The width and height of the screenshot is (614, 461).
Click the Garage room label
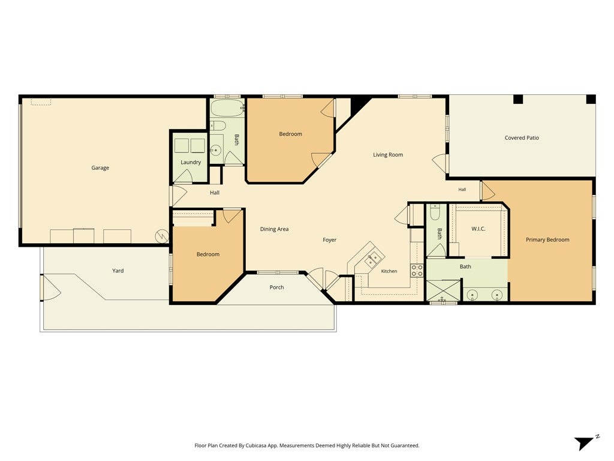(x=100, y=168)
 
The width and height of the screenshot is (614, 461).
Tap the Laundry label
(x=191, y=162)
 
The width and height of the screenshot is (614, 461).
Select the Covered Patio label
(x=522, y=138)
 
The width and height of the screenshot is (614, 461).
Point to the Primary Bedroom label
(x=547, y=240)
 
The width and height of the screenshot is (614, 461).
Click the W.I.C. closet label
(x=478, y=229)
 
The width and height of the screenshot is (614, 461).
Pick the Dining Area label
(x=274, y=229)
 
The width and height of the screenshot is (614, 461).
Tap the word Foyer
(x=329, y=240)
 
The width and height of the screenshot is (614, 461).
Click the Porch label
(x=276, y=288)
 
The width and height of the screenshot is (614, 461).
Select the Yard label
(x=118, y=271)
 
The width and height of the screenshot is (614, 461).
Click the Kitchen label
(x=389, y=271)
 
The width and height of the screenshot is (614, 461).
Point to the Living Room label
(x=388, y=155)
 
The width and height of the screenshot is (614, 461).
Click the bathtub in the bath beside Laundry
(x=227, y=108)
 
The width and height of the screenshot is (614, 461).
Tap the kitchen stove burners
(x=417, y=271)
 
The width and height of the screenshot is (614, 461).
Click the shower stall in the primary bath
(x=443, y=290)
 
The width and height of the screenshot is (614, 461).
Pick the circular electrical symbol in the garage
(x=162, y=236)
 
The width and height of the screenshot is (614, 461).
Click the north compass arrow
(x=586, y=442)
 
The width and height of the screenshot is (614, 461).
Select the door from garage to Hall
(x=179, y=196)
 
